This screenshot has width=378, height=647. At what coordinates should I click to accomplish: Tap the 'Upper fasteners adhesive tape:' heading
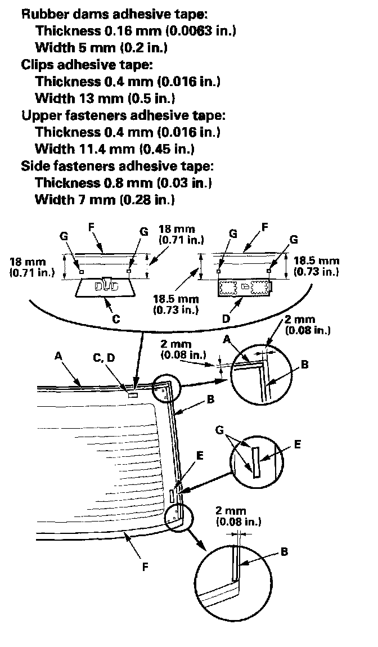[123, 115]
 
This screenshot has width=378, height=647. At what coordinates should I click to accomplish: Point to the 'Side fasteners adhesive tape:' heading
[118, 166]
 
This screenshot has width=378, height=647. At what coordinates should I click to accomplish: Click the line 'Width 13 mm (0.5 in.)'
[105, 98]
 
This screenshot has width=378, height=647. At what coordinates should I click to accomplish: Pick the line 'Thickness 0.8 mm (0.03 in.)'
[123, 183]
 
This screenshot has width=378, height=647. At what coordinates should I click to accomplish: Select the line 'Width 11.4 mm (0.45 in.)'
[115, 149]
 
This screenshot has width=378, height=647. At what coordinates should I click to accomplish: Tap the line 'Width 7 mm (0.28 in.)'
[105, 200]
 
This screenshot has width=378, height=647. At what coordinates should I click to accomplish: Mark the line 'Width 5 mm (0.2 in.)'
[101, 48]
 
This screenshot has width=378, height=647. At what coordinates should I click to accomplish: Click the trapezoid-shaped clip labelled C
[105, 287]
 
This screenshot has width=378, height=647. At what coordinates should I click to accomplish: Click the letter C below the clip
[116, 319]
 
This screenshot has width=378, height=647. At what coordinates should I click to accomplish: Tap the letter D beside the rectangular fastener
[226, 319]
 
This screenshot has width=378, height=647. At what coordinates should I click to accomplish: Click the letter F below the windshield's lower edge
[145, 567]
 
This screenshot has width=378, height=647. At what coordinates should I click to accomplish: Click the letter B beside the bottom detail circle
[284, 551]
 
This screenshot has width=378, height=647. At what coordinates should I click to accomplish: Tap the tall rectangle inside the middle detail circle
[256, 462]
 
